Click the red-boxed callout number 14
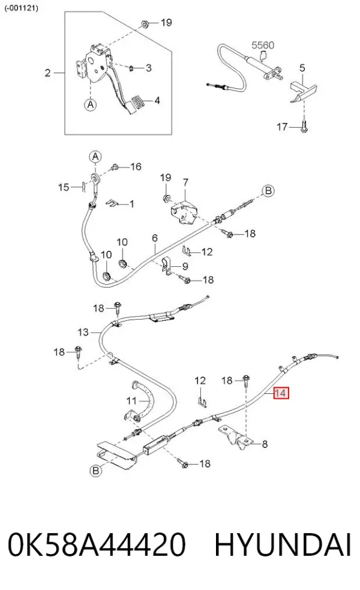[x=281, y=393]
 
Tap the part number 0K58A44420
[x=97, y=544]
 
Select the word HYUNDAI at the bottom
[x=283, y=544]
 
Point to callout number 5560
[x=263, y=45]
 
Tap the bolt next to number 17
[x=304, y=127]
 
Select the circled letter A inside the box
[x=91, y=104]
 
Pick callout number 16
[x=136, y=166]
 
